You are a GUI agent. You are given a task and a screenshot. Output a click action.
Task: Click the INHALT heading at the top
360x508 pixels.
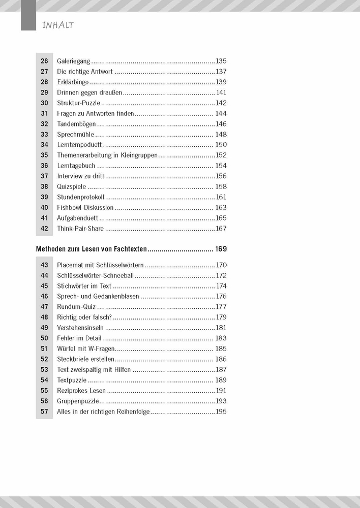[58, 25]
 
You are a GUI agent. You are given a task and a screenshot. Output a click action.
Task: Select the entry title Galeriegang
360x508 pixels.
[73, 61]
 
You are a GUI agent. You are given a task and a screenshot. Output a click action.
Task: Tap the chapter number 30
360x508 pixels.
[44, 103]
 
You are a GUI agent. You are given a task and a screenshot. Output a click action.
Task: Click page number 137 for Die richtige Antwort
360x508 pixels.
[221, 72]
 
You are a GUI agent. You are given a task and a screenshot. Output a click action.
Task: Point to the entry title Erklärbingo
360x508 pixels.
[73, 82]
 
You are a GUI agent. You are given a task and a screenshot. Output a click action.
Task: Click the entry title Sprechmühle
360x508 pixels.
[75, 135]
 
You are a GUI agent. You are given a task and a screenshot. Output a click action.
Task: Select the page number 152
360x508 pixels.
[221, 155]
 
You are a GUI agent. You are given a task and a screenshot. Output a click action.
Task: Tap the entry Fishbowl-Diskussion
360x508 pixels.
[85, 208]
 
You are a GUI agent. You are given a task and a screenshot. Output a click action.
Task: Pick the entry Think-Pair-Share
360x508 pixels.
[80, 229]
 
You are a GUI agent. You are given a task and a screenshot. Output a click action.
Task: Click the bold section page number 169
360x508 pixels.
[221, 249]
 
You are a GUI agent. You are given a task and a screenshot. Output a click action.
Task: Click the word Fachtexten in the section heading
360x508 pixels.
[129, 249]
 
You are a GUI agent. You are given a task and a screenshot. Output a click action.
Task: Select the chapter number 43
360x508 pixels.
[44, 265]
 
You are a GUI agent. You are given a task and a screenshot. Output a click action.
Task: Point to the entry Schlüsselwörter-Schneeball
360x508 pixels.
[95, 275]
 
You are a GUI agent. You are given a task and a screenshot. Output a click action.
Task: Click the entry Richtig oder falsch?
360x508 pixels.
[84, 317]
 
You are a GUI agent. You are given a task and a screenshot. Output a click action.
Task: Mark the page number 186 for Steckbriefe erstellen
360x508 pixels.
[221, 359]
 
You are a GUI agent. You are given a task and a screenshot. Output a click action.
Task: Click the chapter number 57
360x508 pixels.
[44, 411]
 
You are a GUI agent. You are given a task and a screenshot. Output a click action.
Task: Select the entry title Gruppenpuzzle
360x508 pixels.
[78, 401]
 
